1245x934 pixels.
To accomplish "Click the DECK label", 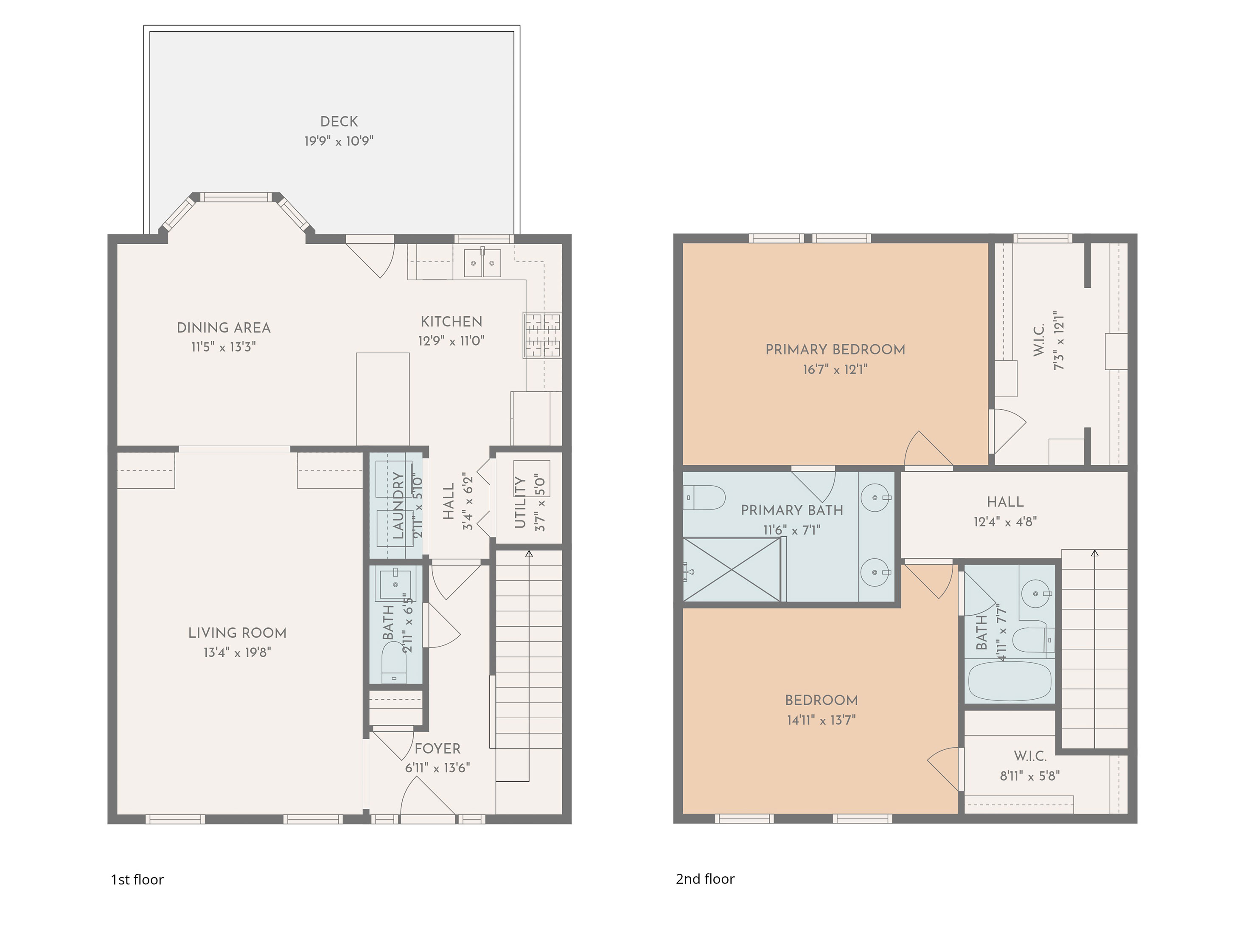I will [x=339, y=121].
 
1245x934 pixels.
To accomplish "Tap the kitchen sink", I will [x=482, y=263].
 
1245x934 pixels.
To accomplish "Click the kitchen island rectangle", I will [x=383, y=399].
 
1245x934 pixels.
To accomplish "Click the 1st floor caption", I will [x=137, y=880].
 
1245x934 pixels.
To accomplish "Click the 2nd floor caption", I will [x=705, y=879].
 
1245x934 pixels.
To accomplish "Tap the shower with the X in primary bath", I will [x=731, y=570].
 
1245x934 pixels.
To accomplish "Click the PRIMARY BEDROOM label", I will [x=835, y=350].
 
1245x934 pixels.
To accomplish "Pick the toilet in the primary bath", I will [x=703, y=498].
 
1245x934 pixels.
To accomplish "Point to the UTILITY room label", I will [x=520, y=502].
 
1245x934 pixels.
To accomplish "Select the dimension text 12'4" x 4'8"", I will [x=1005, y=522].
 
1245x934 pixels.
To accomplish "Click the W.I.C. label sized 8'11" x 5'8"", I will [x=1030, y=756].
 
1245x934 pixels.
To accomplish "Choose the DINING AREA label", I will [x=224, y=328].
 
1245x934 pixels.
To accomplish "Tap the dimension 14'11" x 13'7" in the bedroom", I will [x=821, y=720].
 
